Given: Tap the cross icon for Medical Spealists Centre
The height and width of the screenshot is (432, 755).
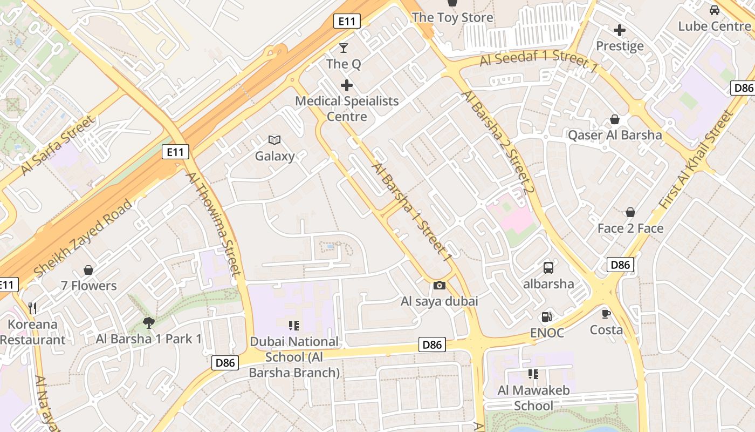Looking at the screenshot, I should click(347, 85).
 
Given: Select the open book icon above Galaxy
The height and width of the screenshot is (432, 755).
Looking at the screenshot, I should click(274, 140).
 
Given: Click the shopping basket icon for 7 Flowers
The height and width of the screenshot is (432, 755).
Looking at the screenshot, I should click(88, 269).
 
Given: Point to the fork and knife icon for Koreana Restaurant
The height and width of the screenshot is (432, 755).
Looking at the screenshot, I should click(33, 308).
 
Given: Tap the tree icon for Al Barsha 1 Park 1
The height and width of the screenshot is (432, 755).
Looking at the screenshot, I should click(149, 323).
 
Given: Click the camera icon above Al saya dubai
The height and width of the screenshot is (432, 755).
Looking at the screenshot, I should click(440, 285).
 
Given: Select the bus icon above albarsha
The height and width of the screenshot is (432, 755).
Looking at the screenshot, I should click(548, 267).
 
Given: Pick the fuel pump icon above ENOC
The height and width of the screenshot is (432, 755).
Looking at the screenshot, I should click(547, 317).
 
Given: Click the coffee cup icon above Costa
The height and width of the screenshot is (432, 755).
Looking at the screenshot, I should click(606, 314).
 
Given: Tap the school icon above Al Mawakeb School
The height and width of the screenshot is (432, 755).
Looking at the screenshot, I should click(533, 374).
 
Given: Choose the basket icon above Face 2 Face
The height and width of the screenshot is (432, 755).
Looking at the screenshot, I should click(630, 212).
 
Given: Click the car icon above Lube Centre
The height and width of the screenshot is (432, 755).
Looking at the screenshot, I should click(715, 10).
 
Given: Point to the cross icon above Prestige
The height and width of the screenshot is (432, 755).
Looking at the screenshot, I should click(620, 30).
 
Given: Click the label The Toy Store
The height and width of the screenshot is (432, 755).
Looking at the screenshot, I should click(452, 17).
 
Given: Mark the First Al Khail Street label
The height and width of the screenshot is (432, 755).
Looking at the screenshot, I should click(697, 160).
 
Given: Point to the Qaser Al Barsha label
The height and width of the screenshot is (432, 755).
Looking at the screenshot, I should click(615, 135).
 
